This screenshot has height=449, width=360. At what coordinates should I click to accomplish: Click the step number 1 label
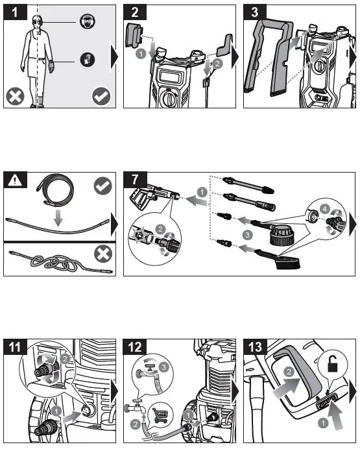[15, 12]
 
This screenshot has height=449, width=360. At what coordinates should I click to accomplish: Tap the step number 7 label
[135, 180]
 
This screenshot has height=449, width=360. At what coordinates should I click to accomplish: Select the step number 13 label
[255, 346]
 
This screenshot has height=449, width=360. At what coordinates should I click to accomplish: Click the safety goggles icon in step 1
[88, 21]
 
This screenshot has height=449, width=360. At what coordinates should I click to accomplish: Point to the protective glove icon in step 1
[88, 60]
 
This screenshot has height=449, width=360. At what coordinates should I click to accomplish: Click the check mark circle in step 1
[101, 96]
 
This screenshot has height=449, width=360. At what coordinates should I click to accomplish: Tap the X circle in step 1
[16, 97]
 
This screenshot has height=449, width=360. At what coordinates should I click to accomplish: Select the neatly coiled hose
[54, 189]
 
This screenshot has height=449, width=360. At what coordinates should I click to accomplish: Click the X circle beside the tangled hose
[103, 254]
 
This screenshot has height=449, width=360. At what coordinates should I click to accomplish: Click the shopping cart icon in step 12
[160, 415]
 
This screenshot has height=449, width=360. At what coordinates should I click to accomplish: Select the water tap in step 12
[136, 407]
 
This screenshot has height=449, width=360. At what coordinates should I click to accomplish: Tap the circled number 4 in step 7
[324, 210]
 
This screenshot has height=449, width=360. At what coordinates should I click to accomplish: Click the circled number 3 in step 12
[163, 367]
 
